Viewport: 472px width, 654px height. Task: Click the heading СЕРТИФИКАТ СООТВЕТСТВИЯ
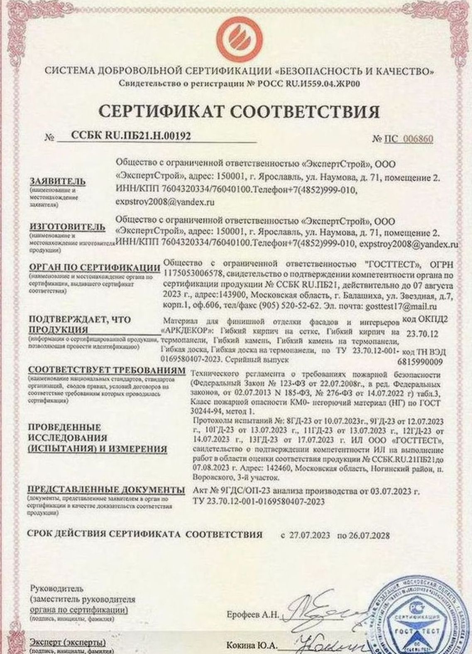tap(240, 111)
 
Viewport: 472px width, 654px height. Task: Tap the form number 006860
tap(416, 138)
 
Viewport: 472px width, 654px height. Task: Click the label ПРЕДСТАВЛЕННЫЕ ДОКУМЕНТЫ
tap(106, 489)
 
